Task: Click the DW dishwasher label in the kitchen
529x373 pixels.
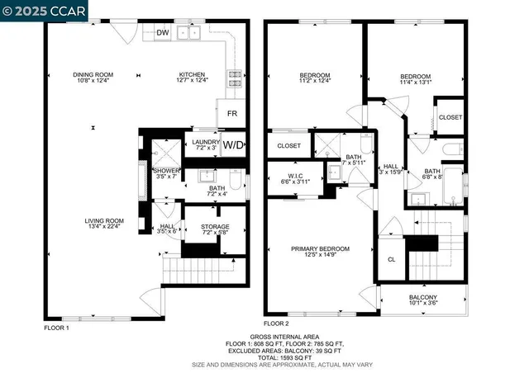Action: tap(162, 33)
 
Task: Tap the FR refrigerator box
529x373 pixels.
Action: tap(232, 113)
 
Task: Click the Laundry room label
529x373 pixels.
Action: tap(205, 142)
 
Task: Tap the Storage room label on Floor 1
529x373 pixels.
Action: tap(215, 227)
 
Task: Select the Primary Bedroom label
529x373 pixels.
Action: tap(320, 248)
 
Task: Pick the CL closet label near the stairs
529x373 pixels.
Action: tap(392, 259)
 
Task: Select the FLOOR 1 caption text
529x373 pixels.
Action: tap(56, 328)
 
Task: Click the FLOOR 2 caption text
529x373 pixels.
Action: tap(277, 323)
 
